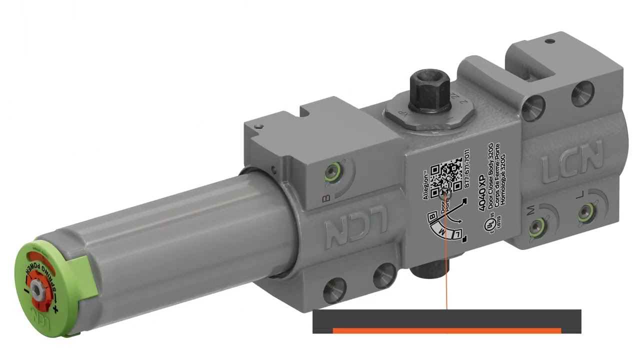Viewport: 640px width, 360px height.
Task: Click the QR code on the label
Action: coord(445,175)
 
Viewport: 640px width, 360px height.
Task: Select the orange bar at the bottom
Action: coord(446,330)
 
